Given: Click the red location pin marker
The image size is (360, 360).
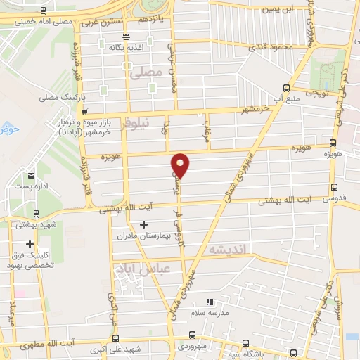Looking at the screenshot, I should point(181,165).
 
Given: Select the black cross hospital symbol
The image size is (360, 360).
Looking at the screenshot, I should point(145,225).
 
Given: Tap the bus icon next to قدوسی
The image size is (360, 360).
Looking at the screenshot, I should point(333,188).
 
